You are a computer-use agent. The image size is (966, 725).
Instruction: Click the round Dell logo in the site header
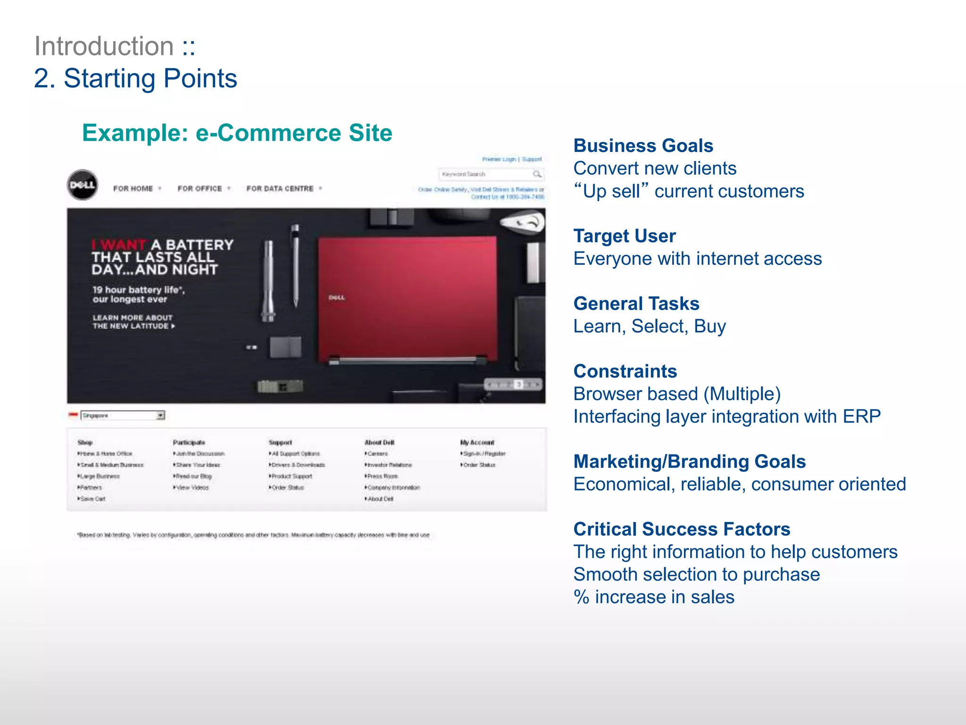(83, 185)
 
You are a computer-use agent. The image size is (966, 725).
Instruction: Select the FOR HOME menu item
(133, 189)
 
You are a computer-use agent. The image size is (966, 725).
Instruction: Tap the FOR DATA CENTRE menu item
(280, 189)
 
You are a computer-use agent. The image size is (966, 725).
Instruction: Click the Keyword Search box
(486, 174)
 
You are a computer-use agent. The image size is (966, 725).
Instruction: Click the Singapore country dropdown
(123, 415)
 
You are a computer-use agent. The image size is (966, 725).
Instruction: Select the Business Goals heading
(643, 146)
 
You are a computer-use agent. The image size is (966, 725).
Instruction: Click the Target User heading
(625, 236)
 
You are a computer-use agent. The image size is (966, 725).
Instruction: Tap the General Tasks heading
(636, 303)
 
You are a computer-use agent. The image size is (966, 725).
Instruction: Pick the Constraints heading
(625, 371)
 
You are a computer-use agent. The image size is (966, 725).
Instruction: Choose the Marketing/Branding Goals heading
(689, 462)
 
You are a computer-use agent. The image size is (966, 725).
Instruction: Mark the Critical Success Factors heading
(682, 529)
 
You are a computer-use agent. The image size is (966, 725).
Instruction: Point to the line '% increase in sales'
(654, 597)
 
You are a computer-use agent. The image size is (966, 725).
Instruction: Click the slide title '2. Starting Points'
(135, 78)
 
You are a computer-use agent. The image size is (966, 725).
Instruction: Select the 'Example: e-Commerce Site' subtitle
(237, 133)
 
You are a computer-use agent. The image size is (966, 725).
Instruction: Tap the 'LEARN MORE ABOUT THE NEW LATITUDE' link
(133, 322)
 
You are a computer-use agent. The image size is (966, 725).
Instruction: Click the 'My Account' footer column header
(477, 442)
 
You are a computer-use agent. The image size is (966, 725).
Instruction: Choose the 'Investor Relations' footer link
(389, 465)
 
